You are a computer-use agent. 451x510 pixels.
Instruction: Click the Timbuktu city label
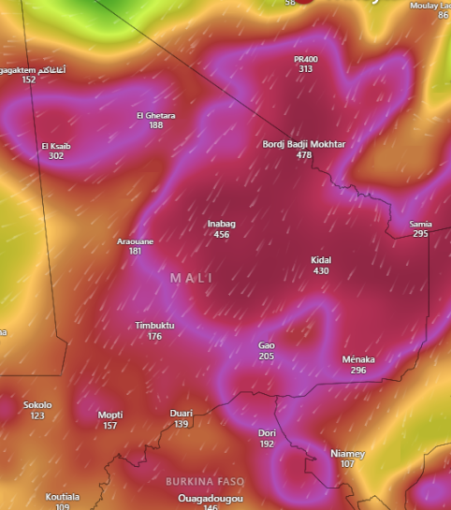click(x=155, y=326)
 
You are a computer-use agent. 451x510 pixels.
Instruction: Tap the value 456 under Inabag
click(x=221, y=235)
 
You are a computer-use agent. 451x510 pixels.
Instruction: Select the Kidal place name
click(x=321, y=260)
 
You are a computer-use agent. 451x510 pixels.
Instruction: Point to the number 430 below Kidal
click(x=321, y=271)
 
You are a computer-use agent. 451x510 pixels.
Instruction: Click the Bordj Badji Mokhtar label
click(x=304, y=144)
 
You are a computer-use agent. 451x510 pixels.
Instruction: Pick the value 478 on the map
click(x=304, y=155)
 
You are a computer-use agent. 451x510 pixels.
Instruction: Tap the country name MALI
click(x=192, y=278)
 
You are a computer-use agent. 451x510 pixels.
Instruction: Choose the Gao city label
click(x=267, y=345)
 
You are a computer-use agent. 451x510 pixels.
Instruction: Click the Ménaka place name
click(x=358, y=359)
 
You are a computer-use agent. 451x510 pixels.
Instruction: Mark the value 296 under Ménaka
click(x=358, y=371)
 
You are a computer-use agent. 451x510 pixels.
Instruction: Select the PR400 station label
click(x=306, y=59)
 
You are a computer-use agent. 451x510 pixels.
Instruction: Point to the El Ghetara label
click(x=155, y=115)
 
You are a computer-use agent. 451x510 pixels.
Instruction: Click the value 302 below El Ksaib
click(x=56, y=156)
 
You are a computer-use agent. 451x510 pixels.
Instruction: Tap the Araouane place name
click(x=135, y=240)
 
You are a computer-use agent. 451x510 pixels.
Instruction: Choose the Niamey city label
click(x=348, y=453)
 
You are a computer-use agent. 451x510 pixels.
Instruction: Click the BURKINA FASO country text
click(x=205, y=481)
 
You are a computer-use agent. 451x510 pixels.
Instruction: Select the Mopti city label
click(x=110, y=415)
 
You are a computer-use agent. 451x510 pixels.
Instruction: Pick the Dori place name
click(x=267, y=433)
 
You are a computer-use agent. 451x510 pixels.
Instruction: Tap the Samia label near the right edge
click(x=420, y=224)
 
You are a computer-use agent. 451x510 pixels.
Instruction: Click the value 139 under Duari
click(x=181, y=424)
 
